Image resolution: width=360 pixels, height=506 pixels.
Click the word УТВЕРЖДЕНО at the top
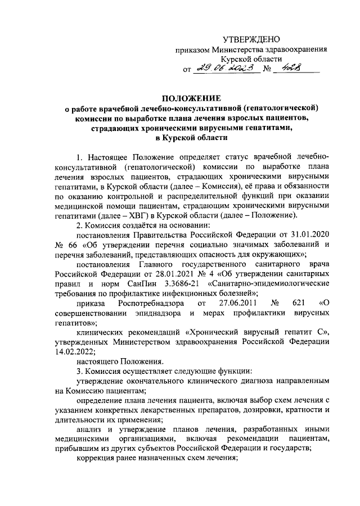coord(252,39)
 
